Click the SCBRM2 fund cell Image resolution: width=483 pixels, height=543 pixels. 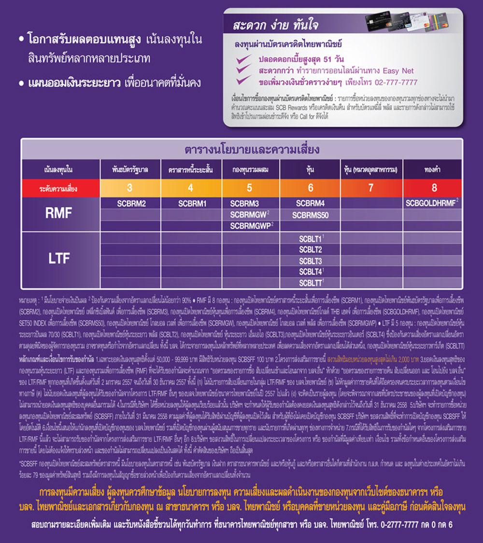pos(131,204)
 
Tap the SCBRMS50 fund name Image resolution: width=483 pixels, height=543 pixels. pos(310,215)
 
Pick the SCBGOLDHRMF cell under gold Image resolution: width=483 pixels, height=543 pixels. pos(431,204)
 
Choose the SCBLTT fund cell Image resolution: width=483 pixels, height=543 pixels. pos(310,283)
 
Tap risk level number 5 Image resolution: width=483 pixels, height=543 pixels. pos(249,188)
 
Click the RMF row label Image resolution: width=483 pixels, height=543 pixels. pos(58,213)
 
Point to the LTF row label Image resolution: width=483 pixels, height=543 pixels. pos(58,259)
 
